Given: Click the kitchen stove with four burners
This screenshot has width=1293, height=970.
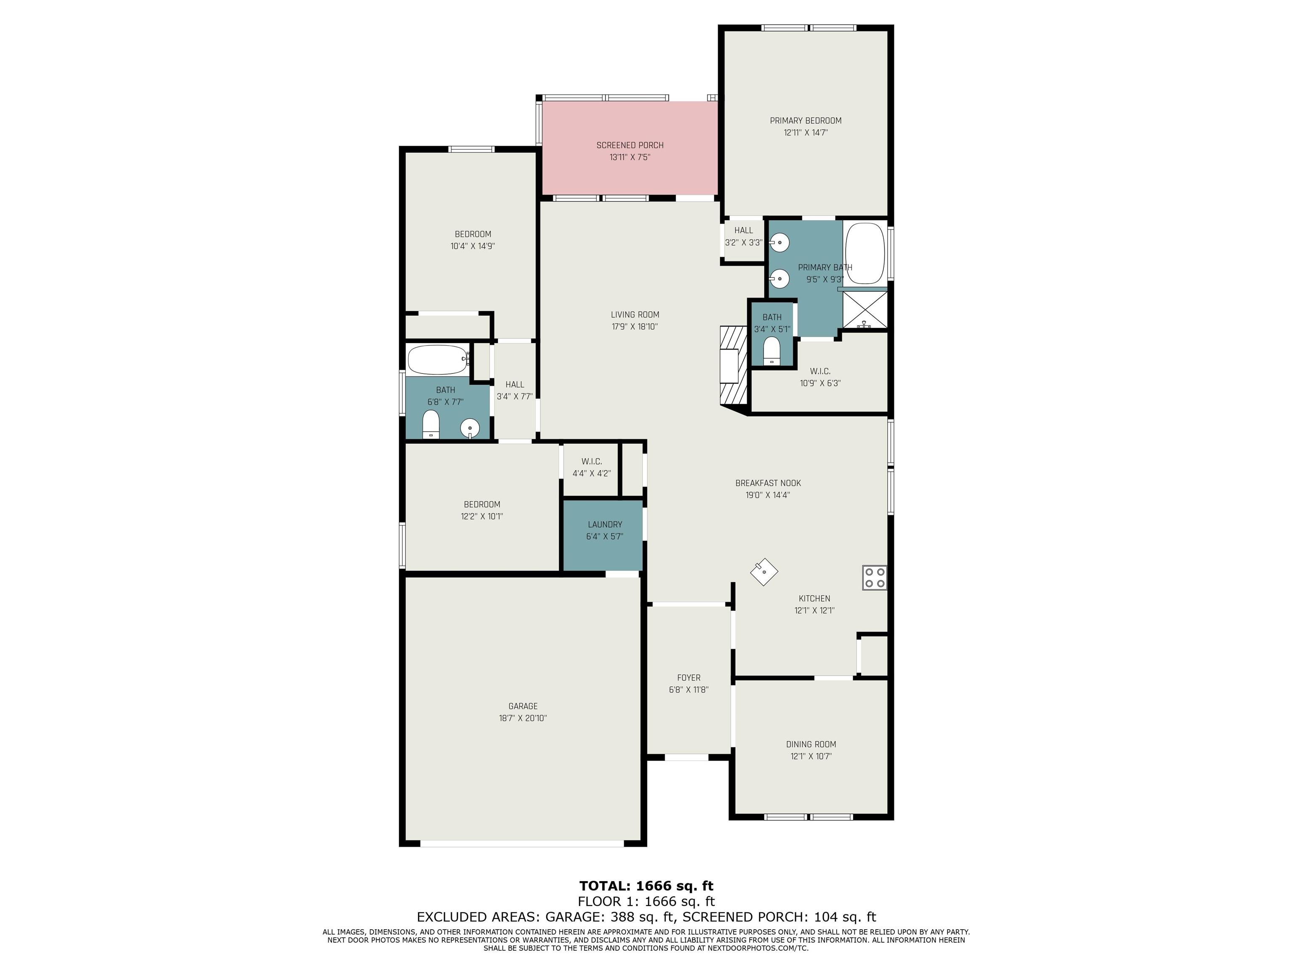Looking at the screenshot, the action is coord(875,578).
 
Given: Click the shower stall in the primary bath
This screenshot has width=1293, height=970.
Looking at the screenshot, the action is coord(865,309).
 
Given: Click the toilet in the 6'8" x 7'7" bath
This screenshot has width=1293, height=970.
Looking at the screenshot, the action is coord(431,424).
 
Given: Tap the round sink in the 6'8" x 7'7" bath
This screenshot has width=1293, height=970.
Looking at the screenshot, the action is coord(470,429).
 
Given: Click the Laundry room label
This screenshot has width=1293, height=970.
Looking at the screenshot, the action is coord(604,525).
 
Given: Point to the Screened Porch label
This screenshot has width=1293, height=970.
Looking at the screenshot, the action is coord(630,145).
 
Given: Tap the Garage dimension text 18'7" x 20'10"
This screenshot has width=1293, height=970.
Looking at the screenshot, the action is coord(523,718).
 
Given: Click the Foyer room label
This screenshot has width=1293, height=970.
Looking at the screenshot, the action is coord(689,678).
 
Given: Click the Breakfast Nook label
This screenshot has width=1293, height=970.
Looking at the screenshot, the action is coord(768,483).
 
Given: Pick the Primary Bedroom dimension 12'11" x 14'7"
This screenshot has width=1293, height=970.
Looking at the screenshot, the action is coord(806,133).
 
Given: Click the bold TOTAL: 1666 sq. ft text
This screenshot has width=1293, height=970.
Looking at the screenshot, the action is coord(646,886).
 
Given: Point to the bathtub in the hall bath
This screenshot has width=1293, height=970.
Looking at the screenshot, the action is coord(438,360).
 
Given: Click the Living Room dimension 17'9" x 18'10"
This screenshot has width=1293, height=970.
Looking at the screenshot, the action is coord(635,327).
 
